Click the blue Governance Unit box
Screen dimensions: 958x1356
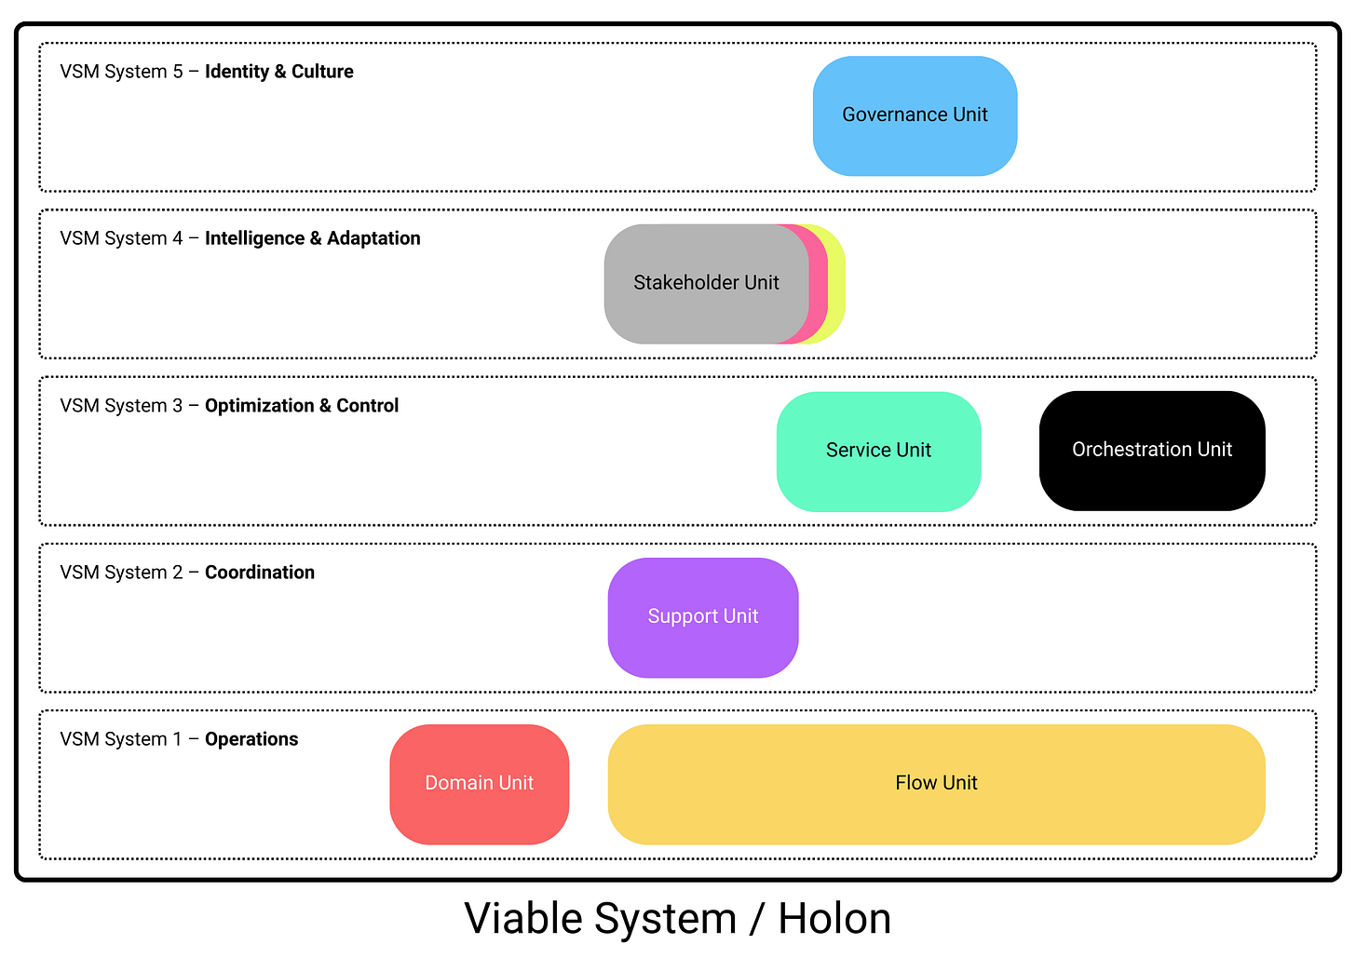coord(915,115)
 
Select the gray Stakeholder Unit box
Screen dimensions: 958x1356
coord(706,283)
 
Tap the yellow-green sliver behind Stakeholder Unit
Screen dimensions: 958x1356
coord(836,284)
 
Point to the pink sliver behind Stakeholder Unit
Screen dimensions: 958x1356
coord(818,284)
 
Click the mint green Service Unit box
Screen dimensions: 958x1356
coord(878,451)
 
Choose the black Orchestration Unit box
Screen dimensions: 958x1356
coord(1151,450)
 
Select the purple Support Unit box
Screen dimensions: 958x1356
coord(703,617)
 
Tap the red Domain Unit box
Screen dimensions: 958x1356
coord(479,784)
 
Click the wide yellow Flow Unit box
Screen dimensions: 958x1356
coord(936,784)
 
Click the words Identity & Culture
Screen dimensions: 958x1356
coord(278,72)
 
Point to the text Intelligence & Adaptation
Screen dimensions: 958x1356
coord(312,238)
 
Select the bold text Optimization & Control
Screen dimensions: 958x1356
coord(301,406)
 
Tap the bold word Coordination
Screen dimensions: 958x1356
coord(259,573)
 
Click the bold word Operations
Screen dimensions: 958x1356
coord(251,739)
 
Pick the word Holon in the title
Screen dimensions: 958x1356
coord(834,919)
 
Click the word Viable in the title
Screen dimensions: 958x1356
coord(522,919)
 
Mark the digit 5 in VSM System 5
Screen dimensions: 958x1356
coord(177,72)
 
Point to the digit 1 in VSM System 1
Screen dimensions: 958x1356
coord(177,739)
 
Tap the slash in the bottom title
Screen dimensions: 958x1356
coord(756,919)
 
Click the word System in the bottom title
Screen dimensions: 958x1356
coord(666,919)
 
